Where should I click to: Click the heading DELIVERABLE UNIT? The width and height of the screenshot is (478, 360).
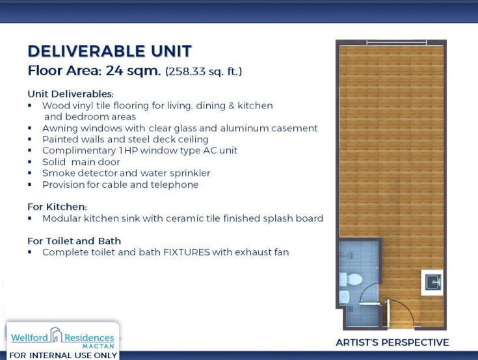110,51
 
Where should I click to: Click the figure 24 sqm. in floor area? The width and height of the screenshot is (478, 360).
133,71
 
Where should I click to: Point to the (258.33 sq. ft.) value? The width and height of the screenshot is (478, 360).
204,71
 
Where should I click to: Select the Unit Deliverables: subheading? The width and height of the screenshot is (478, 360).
70,94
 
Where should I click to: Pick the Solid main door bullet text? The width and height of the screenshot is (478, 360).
81,162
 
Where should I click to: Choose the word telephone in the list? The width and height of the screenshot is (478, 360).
174,185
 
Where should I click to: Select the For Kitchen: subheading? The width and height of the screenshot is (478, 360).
57,207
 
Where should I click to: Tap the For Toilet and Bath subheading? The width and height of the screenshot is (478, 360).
74,241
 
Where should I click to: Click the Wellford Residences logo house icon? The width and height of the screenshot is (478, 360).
56,335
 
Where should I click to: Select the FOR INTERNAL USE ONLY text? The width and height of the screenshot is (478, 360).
63,355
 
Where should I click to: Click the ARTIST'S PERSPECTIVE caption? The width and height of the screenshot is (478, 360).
392,342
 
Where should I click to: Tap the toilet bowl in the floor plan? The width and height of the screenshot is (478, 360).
351,279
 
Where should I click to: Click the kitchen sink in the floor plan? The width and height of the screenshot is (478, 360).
433,282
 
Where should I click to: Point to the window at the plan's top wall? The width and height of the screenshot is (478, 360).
397,42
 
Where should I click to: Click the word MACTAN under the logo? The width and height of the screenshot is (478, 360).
98,346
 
